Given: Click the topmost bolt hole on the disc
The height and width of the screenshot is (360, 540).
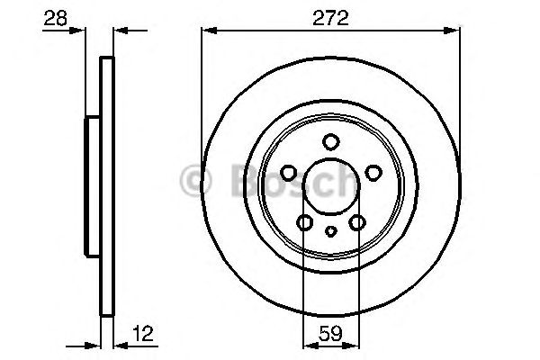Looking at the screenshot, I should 331,141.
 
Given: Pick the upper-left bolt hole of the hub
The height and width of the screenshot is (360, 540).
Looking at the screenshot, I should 289,172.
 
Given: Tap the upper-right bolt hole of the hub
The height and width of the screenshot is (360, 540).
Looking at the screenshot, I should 373,172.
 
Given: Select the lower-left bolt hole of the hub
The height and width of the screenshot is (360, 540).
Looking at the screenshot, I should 305,222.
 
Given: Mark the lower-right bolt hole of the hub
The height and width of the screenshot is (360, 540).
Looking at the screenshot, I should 357,222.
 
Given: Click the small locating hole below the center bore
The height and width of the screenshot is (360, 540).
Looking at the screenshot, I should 331,231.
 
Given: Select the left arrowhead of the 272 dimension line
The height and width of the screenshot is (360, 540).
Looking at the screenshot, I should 206,31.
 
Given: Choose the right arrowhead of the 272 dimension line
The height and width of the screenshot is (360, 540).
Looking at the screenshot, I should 456,31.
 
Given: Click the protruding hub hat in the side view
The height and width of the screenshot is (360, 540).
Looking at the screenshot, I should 92,188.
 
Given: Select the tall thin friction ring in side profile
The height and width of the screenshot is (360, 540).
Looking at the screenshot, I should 107,188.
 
